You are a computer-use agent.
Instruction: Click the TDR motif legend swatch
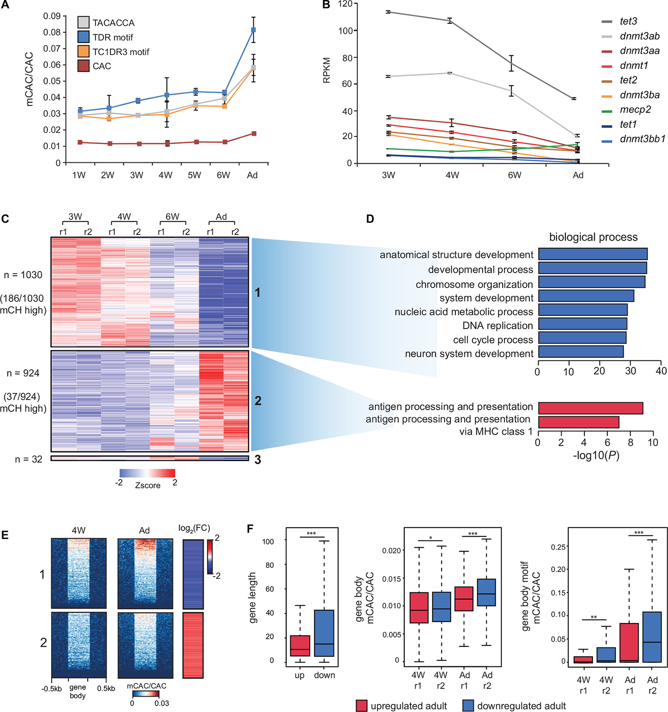[x=83, y=37]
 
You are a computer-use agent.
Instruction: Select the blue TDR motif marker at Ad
[x=253, y=30]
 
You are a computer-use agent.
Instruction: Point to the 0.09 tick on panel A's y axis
[x=52, y=16]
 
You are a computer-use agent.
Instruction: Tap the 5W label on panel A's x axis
[x=194, y=175]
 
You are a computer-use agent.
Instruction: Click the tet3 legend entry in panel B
[x=628, y=21]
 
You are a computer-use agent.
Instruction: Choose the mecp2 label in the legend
[x=635, y=110]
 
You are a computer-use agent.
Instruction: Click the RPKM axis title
[x=327, y=70]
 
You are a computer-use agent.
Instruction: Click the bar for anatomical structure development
[x=592, y=254]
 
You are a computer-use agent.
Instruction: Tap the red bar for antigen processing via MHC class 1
[x=578, y=422]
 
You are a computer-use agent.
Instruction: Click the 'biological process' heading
[x=593, y=237]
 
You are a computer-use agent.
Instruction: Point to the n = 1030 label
[x=23, y=275]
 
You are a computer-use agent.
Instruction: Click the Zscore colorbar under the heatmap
[x=147, y=473]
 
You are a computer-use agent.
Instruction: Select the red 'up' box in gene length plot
[x=300, y=646]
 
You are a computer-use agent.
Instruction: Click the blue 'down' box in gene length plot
[x=324, y=633]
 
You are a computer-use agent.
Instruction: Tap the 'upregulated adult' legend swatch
[x=361, y=706]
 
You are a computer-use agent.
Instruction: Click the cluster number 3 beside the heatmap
[x=258, y=460]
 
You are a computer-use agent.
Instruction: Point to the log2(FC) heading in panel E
[x=194, y=528]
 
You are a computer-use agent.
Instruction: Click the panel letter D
[x=369, y=219]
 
